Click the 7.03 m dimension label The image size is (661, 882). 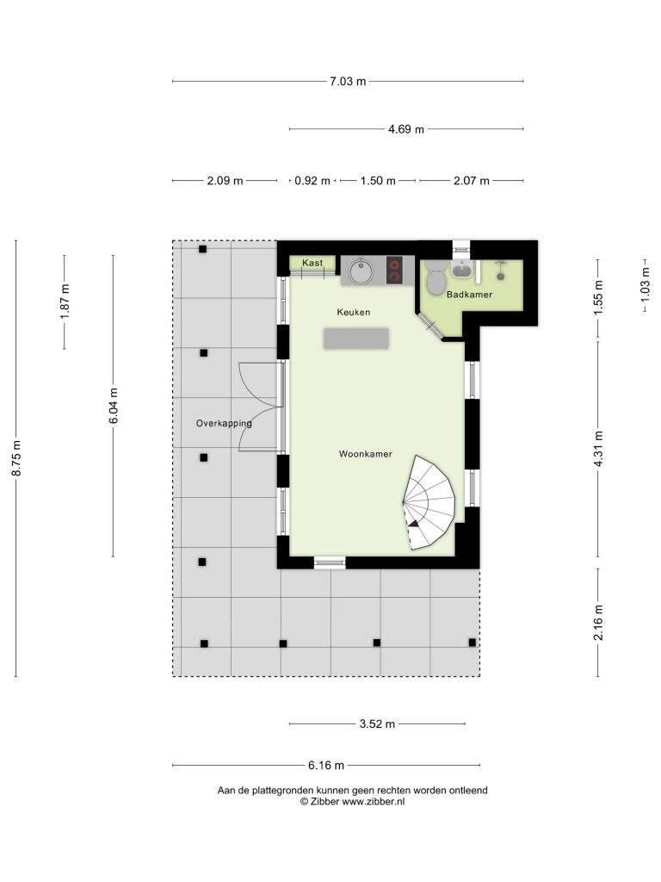click(x=348, y=82)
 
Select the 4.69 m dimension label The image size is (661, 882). click(x=406, y=129)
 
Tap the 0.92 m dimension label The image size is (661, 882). click(x=312, y=181)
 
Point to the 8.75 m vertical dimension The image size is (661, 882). click(x=17, y=458)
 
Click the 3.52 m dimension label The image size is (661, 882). click(x=377, y=724)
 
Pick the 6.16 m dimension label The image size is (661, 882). click(x=326, y=765)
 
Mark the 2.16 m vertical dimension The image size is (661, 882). click(x=599, y=623)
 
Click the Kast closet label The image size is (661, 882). click(x=312, y=263)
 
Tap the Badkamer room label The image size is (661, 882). click(x=469, y=295)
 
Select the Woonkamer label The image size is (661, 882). click(x=365, y=454)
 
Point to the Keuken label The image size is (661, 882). click(x=354, y=312)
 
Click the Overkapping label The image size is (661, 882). click(x=224, y=423)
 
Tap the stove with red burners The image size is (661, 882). click(x=394, y=269)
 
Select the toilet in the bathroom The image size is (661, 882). click(x=435, y=277)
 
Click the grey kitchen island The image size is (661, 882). click(x=356, y=339)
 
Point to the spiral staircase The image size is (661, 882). click(x=429, y=502)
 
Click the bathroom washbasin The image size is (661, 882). click(x=462, y=270)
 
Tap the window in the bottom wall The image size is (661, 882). click(x=330, y=562)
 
